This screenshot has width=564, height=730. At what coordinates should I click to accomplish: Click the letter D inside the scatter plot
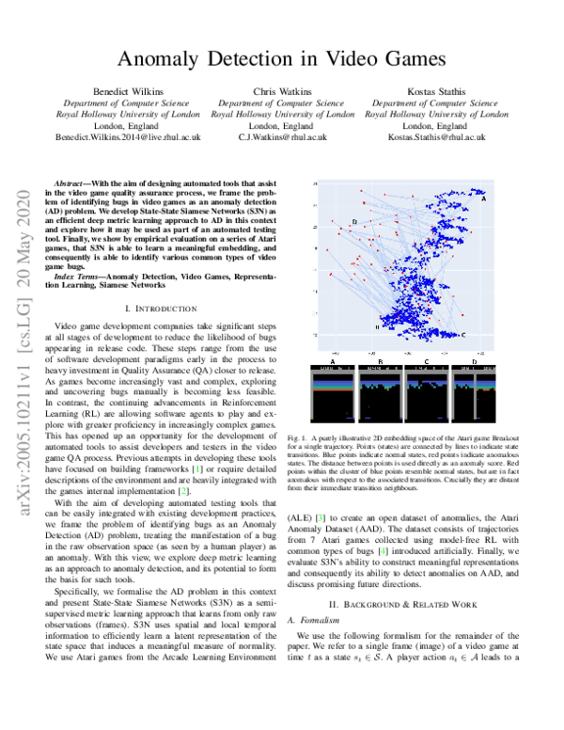[354, 222]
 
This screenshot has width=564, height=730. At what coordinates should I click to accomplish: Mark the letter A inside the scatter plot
[483, 198]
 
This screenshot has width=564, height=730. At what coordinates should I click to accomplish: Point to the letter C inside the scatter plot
[462, 335]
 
